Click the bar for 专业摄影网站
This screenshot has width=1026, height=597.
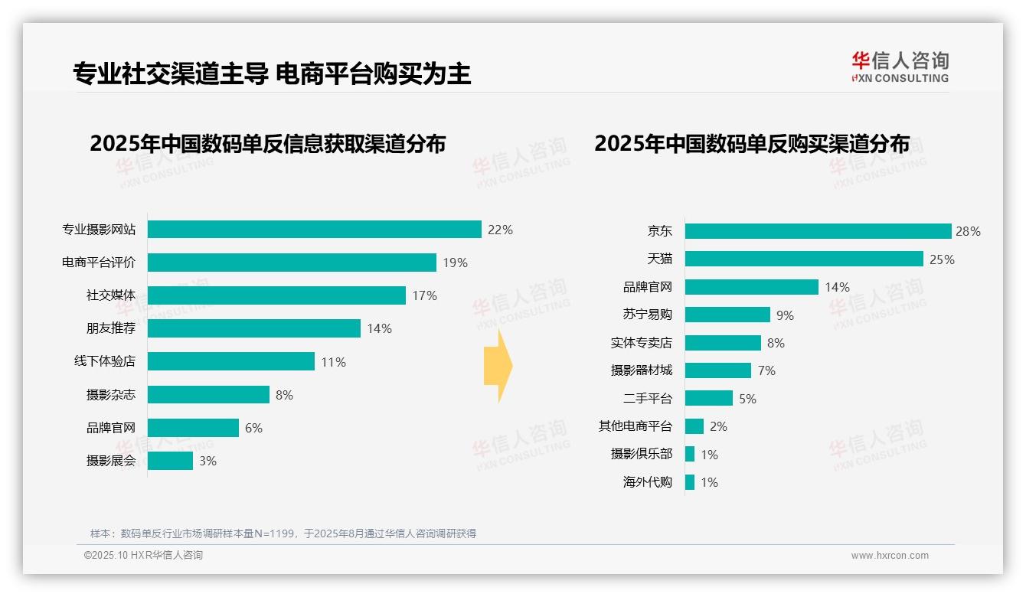(314, 230)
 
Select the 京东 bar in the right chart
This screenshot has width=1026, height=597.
(818, 231)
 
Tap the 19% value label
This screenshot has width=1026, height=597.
(455, 263)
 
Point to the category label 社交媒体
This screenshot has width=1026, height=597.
(111, 295)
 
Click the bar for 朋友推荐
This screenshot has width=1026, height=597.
(253, 328)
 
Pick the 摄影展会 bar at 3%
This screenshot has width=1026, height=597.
(170, 461)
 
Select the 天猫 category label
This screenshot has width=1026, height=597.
(659, 259)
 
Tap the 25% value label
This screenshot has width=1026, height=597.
(942, 259)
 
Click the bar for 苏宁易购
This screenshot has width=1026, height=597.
(727, 315)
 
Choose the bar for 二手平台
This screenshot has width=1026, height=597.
(708, 398)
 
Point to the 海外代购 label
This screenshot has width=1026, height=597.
(647, 482)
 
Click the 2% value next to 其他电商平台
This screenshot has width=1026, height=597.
(718, 426)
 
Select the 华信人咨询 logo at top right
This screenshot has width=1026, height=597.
(900, 67)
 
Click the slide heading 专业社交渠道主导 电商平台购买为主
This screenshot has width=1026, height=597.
(272, 73)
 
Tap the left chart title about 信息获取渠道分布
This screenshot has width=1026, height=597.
(267, 144)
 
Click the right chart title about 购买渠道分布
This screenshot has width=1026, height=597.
(752, 144)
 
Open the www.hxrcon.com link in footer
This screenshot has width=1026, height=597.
(890, 556)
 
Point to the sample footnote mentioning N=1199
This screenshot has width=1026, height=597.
(283, 533)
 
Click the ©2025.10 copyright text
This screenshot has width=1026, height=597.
(143, 556)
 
